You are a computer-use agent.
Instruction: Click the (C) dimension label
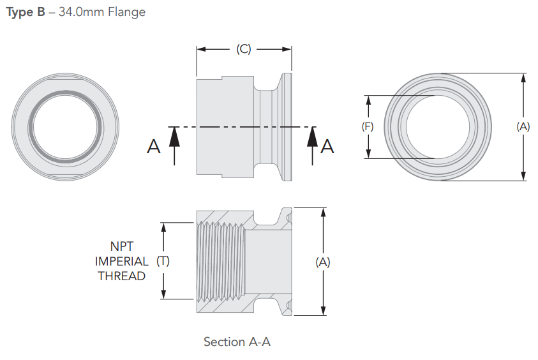tap(243, 49)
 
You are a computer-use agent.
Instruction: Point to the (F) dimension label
tap(368, 126)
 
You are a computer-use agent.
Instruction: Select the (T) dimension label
tap(163, 260)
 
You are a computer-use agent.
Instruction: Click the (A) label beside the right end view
tap(523, 126)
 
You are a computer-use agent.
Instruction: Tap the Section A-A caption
tap(237, 342)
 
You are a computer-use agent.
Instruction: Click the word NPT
tap(122, 246)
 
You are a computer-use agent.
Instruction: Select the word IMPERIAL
tap(122, 261)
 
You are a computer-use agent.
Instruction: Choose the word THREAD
tap(122, 276)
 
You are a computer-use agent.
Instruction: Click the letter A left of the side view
tap(153, 147)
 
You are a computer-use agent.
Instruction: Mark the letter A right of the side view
tap(327, 146)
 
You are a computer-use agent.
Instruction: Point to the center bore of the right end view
tap(440, 126)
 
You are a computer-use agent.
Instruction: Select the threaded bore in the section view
tap(220, 260)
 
